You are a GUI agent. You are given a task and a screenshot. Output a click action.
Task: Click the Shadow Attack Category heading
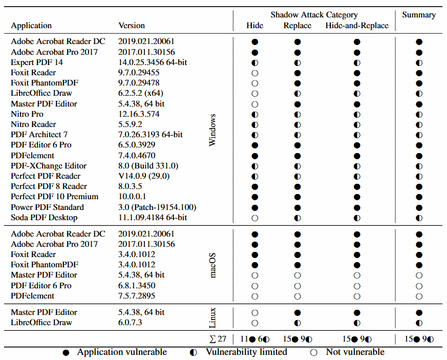pyautogui.click(x=314, y=15)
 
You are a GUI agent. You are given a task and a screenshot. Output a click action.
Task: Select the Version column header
pyautogui.click(x=132, y=25)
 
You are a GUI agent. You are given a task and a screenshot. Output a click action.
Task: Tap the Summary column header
pyautogui.click(x=419, y=15)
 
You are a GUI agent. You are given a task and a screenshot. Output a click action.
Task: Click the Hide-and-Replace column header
pyautogui.click(x=357, y=26)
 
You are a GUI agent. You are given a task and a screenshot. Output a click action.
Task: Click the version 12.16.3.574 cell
pyautogui.click(x=139, y=114)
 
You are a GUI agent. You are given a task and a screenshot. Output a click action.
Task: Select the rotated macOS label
pyautogui.click(x=213, y=265)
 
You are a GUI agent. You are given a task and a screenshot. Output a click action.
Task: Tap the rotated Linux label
pyautogui.click(x=213, y=317)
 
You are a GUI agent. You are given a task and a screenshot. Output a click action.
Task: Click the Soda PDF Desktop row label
pyautogui.click(x=44, y=217)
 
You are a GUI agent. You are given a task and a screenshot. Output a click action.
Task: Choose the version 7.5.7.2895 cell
pyautogui.click(x=137, y=295)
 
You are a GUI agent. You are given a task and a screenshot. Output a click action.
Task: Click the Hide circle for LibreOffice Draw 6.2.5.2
pyautogui.click(x=254, y=93)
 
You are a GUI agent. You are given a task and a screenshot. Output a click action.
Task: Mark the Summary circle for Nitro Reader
pyautogui.click(x=419, y=124)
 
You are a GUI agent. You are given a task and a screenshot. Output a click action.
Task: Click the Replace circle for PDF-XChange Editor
pyautogui.click(x=297, y=166)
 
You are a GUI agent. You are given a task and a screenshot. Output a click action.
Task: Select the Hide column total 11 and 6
pyautogui.click(x=254, y=338)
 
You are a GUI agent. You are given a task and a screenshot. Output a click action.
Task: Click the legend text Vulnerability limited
pyautogui.click(x=246, y=352)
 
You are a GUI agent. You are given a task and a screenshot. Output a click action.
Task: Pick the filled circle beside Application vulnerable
pyautogui.click(x=66, y=352)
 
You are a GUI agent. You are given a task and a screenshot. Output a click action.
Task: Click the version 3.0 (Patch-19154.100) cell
pyautogui.click(x=157, y=207)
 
